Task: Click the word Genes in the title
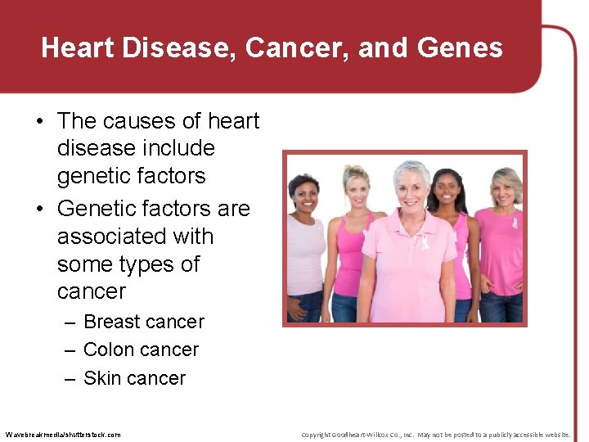tap(460, 48)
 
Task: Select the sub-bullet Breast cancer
tap(144, 322)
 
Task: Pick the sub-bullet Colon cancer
tap(141, 350)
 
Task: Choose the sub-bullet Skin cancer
tap(134, 378)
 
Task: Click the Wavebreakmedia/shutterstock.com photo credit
tap(63, 434)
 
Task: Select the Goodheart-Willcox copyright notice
tap(435, 434)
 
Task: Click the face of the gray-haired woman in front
tap(411, 188)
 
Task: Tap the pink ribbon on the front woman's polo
tap(424, 241)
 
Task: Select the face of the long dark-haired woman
tap(447, 190)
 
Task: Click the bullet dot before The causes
tap(39, 121)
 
